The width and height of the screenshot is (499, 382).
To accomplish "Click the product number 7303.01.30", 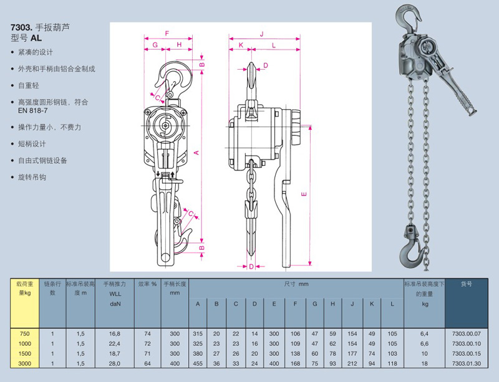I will point(467,363).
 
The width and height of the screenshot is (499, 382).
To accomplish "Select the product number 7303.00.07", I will point(467,333).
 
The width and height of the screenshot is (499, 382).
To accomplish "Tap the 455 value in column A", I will point(198,363).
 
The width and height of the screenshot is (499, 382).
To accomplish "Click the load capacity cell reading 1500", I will point(25,353).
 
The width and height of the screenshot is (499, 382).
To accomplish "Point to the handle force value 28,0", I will point(115,363).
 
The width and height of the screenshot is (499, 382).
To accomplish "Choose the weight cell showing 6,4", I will point(425,333).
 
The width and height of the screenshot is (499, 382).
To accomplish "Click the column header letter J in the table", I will point(352,303).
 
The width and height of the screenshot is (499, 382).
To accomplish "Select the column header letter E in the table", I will point(274,303).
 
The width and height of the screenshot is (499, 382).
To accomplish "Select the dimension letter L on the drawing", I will point(274,45).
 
